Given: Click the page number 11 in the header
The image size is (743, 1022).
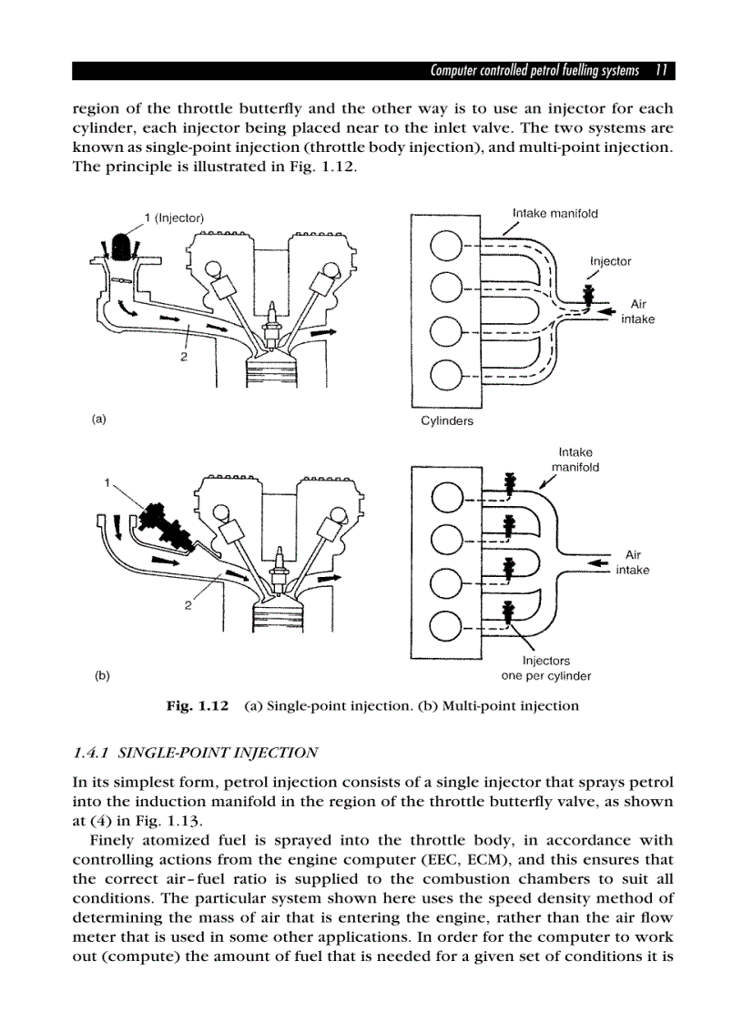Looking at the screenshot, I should [x=662, y=71].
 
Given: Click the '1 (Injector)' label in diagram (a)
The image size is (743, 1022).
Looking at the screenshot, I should [x=175, y=217].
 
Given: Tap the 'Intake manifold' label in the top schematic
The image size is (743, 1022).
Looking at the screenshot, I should [x=555, y=214].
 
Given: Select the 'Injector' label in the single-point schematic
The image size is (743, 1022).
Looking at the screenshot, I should [x=611, y=261].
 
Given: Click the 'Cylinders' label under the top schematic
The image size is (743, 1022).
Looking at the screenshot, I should [x=446, y=421].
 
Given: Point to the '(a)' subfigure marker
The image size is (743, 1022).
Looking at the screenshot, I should [x=99, y=420].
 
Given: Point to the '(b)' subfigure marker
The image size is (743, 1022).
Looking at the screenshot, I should [x=102, y=676].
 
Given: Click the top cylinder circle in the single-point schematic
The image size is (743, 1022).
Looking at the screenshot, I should [x=446, y=247].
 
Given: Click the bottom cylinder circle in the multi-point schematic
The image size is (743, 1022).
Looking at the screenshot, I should [x=446, y=627].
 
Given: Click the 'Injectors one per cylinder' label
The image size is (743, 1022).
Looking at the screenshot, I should [x=546, y=669].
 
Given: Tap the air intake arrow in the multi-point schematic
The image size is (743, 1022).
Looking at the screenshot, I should [x=597, y=564].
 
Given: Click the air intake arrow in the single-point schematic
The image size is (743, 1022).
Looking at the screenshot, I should [x=601, y=310].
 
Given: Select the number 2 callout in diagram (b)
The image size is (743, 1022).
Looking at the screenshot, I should [x=188, y=608].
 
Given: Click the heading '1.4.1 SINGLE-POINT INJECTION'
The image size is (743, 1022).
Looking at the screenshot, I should [x=195, y=753].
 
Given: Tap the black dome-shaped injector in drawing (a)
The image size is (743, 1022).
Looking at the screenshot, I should [x=119, y=244].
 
